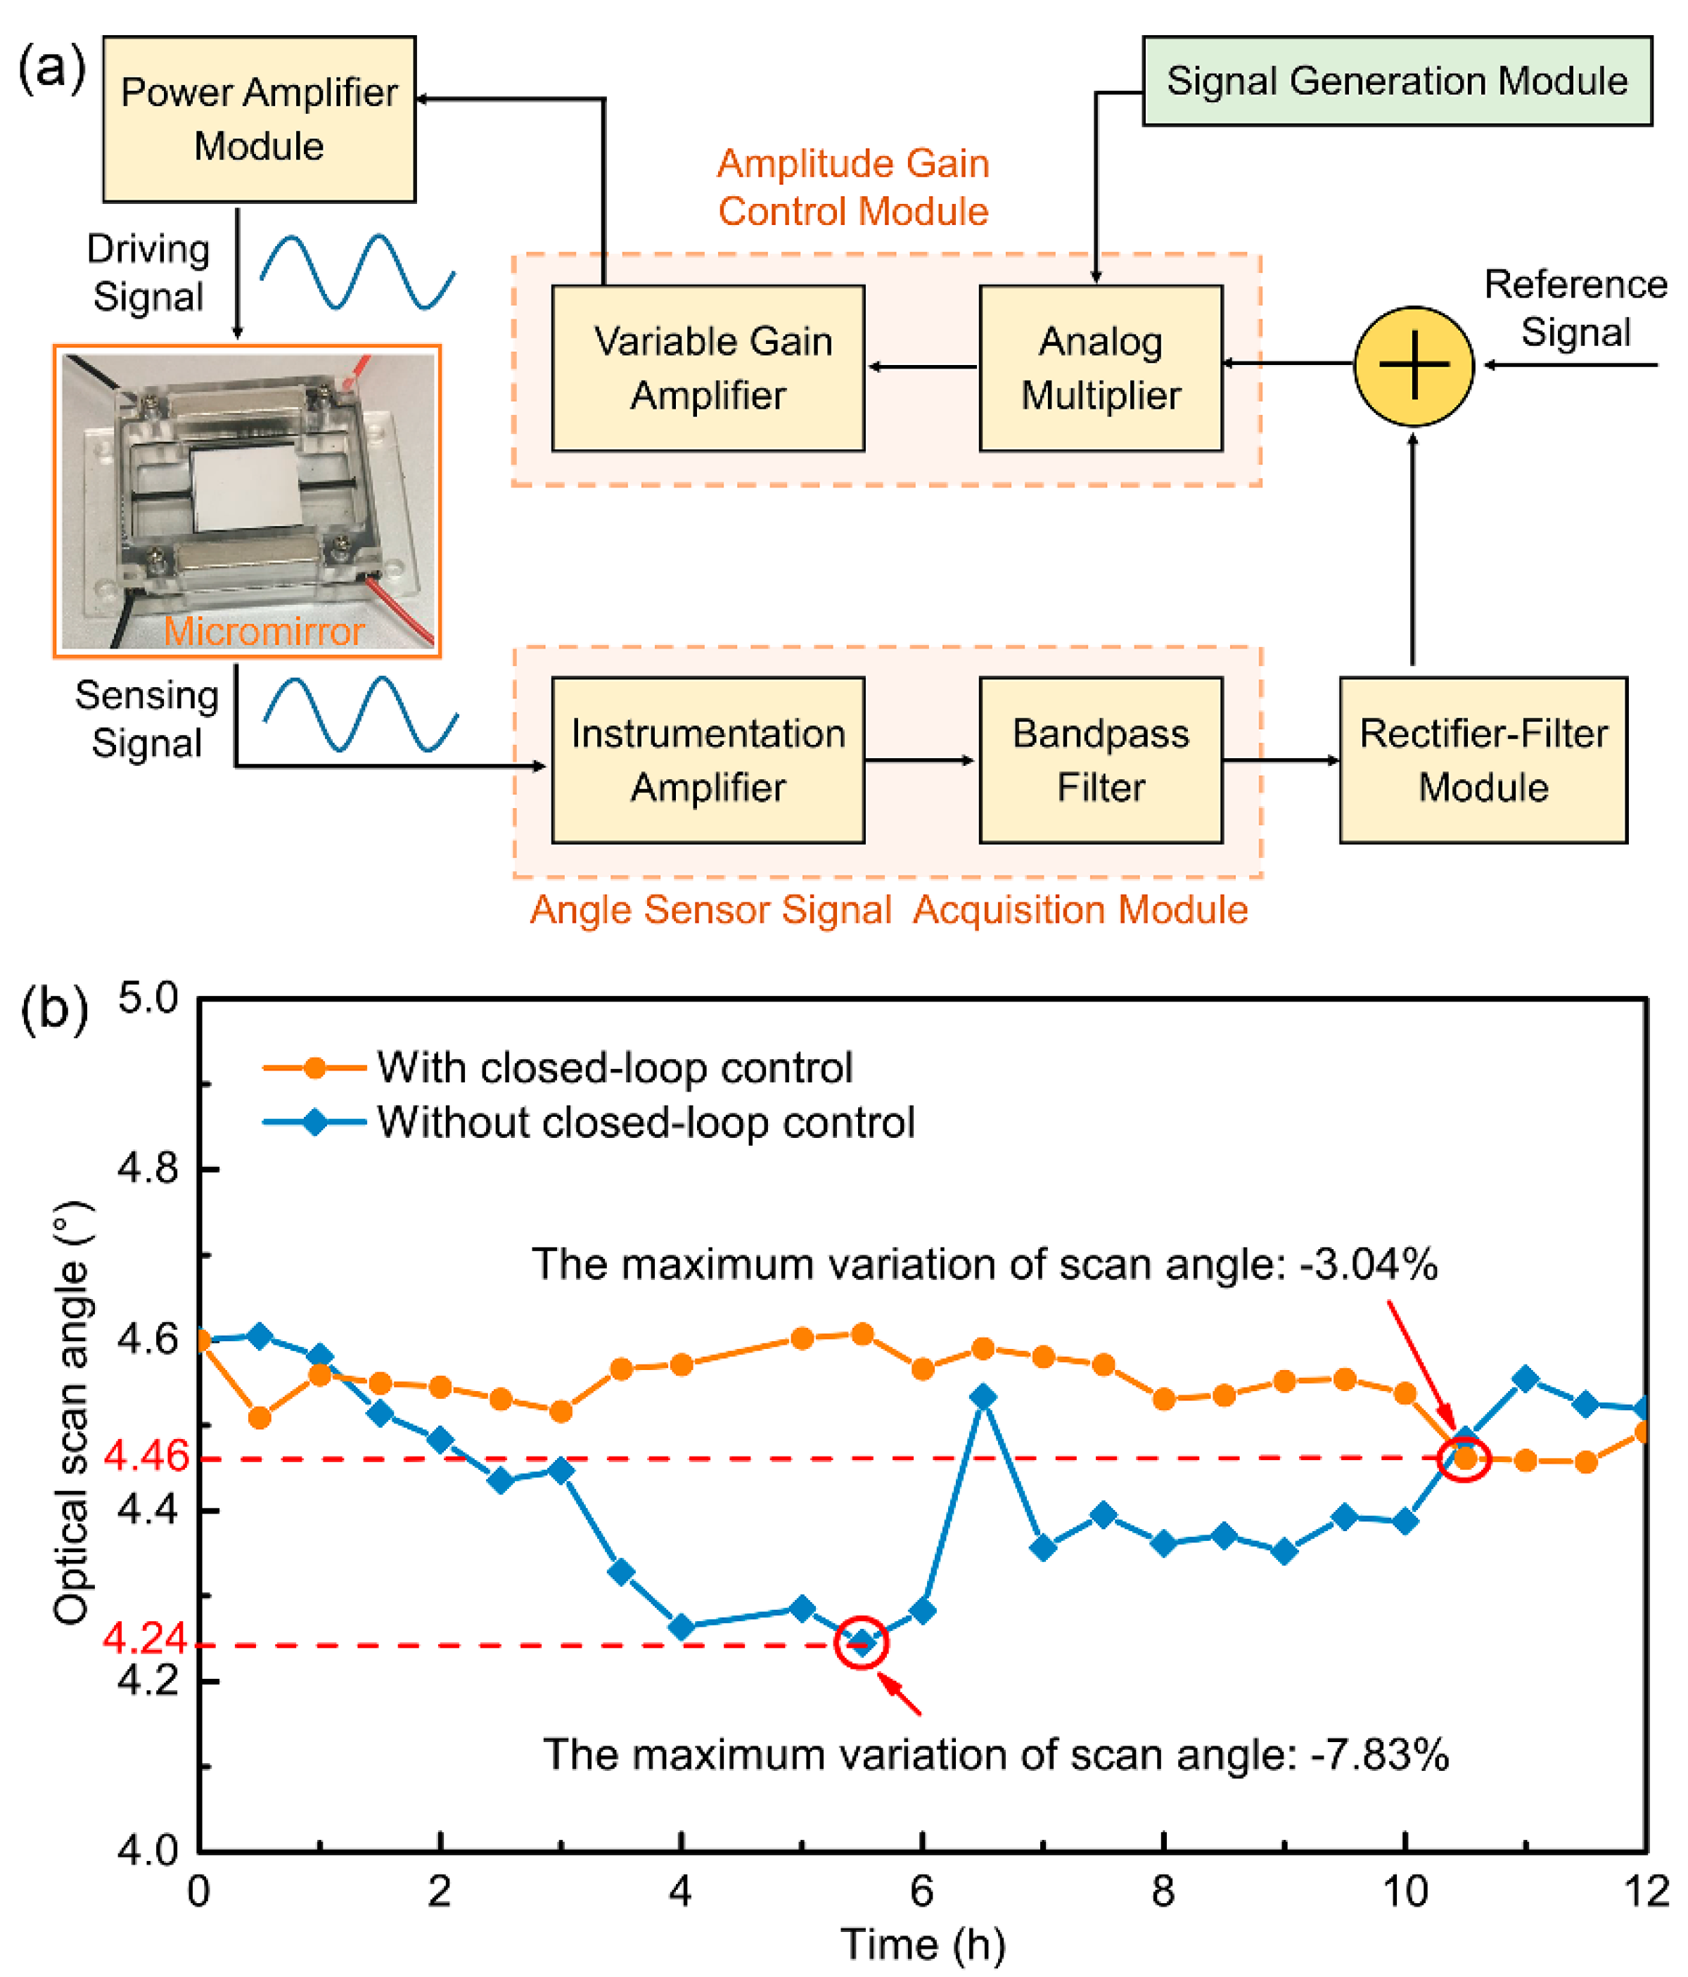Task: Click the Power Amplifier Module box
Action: (259, 120)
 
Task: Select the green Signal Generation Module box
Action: (1396, 81)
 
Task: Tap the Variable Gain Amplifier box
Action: (708, 369)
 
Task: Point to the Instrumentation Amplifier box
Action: (708, 760)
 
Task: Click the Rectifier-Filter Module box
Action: (1483, 760)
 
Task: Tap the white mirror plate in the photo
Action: (245, 489)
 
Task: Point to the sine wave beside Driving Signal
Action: (358, 272)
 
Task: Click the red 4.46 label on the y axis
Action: (146, 1456)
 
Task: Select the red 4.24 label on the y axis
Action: (146, 1638)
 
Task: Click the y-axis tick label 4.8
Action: (148, 1168)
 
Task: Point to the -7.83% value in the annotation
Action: (1380, 1755)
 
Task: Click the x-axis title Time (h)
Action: (923, 1945)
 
